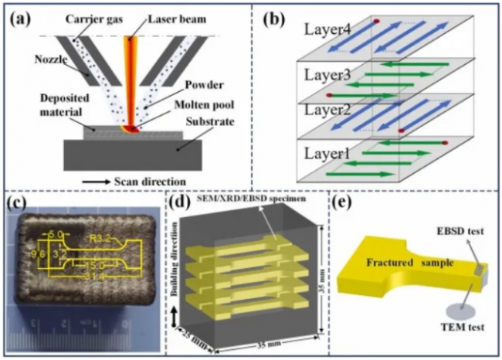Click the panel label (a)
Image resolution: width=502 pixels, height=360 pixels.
22,19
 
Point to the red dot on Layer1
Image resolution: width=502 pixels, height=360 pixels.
446,143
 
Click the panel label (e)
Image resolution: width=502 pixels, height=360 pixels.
344,204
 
